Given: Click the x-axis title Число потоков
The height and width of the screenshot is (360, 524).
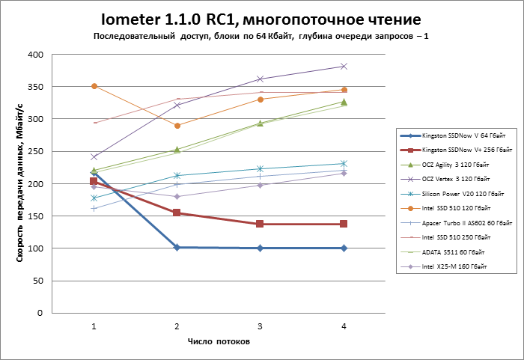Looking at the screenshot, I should pos(219,341).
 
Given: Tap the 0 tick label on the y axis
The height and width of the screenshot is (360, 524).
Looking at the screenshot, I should pos(42,313).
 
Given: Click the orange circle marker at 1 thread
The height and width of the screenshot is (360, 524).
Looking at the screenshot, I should pos(94,86).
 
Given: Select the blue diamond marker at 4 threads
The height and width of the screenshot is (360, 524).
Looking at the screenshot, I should pos(344,248).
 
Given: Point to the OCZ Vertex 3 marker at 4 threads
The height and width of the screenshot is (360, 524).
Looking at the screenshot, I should pos(344,67).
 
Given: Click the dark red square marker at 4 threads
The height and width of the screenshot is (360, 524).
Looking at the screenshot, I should pos(344,224).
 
